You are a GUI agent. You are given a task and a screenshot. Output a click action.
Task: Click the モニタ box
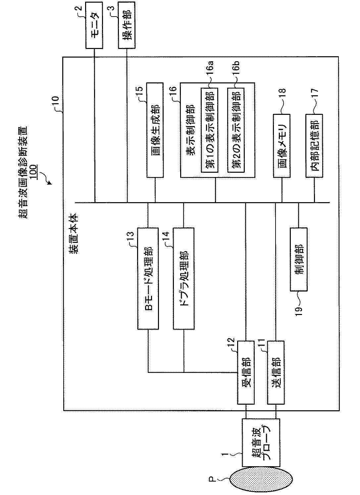(x=94, y=25)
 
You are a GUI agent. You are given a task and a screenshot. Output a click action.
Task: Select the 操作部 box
(x=127, y=25)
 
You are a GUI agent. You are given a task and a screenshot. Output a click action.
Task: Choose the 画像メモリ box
(x=282, y=146)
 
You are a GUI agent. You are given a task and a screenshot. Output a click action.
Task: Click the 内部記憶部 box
(x=314, y=146)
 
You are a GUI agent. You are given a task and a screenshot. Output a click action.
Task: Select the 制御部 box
(x=298, y=259)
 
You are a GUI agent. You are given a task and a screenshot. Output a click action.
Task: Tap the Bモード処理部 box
(x=148, y=278)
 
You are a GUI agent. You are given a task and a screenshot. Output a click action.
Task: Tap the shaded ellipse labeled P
(x=261, y=479)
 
